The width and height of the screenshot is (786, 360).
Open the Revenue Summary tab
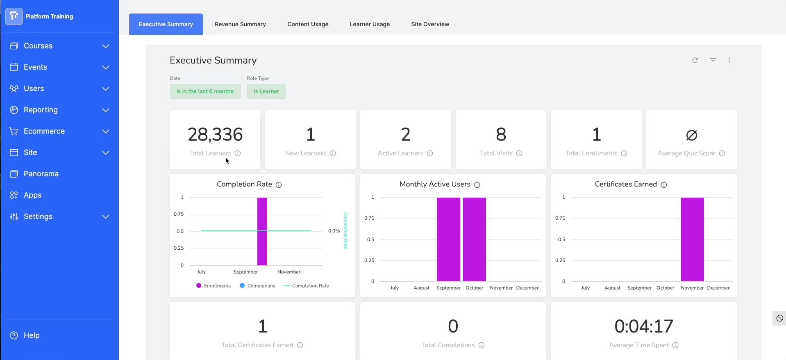coord(240,24)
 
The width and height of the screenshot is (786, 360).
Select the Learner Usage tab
coord(370,24)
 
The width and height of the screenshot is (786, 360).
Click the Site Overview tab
coord(430,24)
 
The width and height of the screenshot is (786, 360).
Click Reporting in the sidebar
coord(41,110)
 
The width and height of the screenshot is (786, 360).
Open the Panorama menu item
coord(41,174)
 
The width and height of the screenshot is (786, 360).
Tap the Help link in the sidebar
coord(32,335)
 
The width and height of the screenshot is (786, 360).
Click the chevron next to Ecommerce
coord(106,131)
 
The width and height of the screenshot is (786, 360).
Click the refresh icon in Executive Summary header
coord(695,60)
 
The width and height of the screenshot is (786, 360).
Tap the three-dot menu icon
coord(729,60)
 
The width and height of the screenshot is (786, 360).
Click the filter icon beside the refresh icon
coord(713,60)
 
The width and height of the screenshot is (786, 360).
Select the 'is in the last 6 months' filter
coord(205,91)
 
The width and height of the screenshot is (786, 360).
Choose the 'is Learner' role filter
coord(266,91)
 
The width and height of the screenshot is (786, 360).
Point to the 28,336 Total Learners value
coord(215,134)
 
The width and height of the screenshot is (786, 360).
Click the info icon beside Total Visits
coord(519,153)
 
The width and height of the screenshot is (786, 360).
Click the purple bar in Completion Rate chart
coord(262,231)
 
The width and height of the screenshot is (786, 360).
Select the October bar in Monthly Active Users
coord(474,239)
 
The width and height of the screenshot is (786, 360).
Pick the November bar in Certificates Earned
coord(692,239)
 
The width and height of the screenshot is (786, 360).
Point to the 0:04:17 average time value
coord(644,326)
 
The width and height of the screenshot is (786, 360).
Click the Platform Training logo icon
coord(14,16)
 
